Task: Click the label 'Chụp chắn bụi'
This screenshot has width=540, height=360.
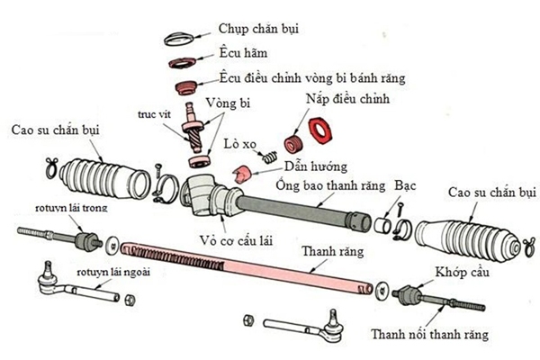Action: (257, 28)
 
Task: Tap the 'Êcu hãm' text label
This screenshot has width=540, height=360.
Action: (239, 53)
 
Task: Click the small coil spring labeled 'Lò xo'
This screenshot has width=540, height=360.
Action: (269, 160)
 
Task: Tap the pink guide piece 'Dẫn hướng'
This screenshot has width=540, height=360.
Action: (240, 174)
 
